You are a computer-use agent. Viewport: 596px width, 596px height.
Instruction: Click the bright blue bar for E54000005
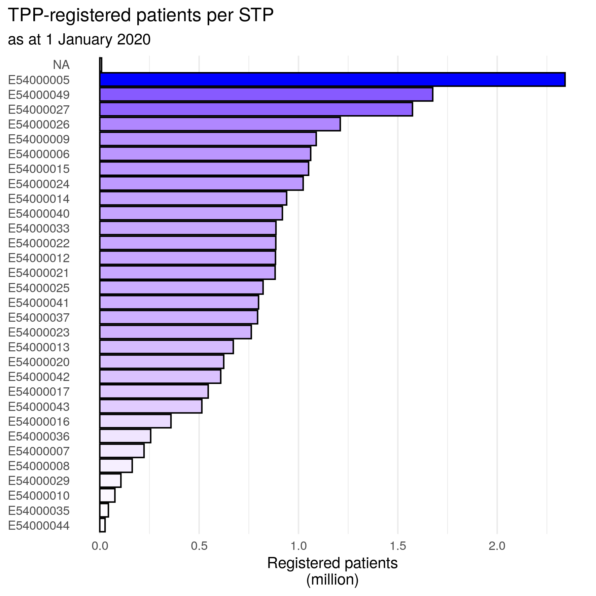(x=332, y=79)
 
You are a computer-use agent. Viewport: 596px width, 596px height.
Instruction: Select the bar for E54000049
(x=266, y=94)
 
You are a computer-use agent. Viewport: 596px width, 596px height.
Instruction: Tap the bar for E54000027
(x=256, y=109)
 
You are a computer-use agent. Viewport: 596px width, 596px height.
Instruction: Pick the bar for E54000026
(x=220, y=124)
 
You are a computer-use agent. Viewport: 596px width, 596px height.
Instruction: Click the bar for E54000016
(x=135, y=421)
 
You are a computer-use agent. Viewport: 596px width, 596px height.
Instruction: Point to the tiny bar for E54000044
(x=103, y=525)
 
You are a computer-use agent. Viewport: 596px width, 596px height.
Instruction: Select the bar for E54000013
(x=166, y=347)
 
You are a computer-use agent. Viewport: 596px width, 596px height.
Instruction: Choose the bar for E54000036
(x=125, y=436)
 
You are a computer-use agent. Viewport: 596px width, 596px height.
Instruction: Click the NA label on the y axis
(x=61, y=65)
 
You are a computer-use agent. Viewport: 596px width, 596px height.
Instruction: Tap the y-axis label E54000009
(x=39, y=139)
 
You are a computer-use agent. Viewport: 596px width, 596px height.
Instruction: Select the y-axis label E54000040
(x=39, y=214)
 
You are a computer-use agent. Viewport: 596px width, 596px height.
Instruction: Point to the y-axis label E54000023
(x=39, y=332)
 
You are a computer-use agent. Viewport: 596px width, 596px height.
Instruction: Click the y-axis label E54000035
(x=39, y=511)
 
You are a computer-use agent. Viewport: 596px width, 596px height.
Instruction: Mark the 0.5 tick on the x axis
(x=199, y=546)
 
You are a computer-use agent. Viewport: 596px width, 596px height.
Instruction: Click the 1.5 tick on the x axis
(x=398, y=546)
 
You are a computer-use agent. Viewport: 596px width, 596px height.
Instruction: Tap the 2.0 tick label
(x=497, y=546)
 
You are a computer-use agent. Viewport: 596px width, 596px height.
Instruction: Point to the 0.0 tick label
(x=100, y=546)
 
